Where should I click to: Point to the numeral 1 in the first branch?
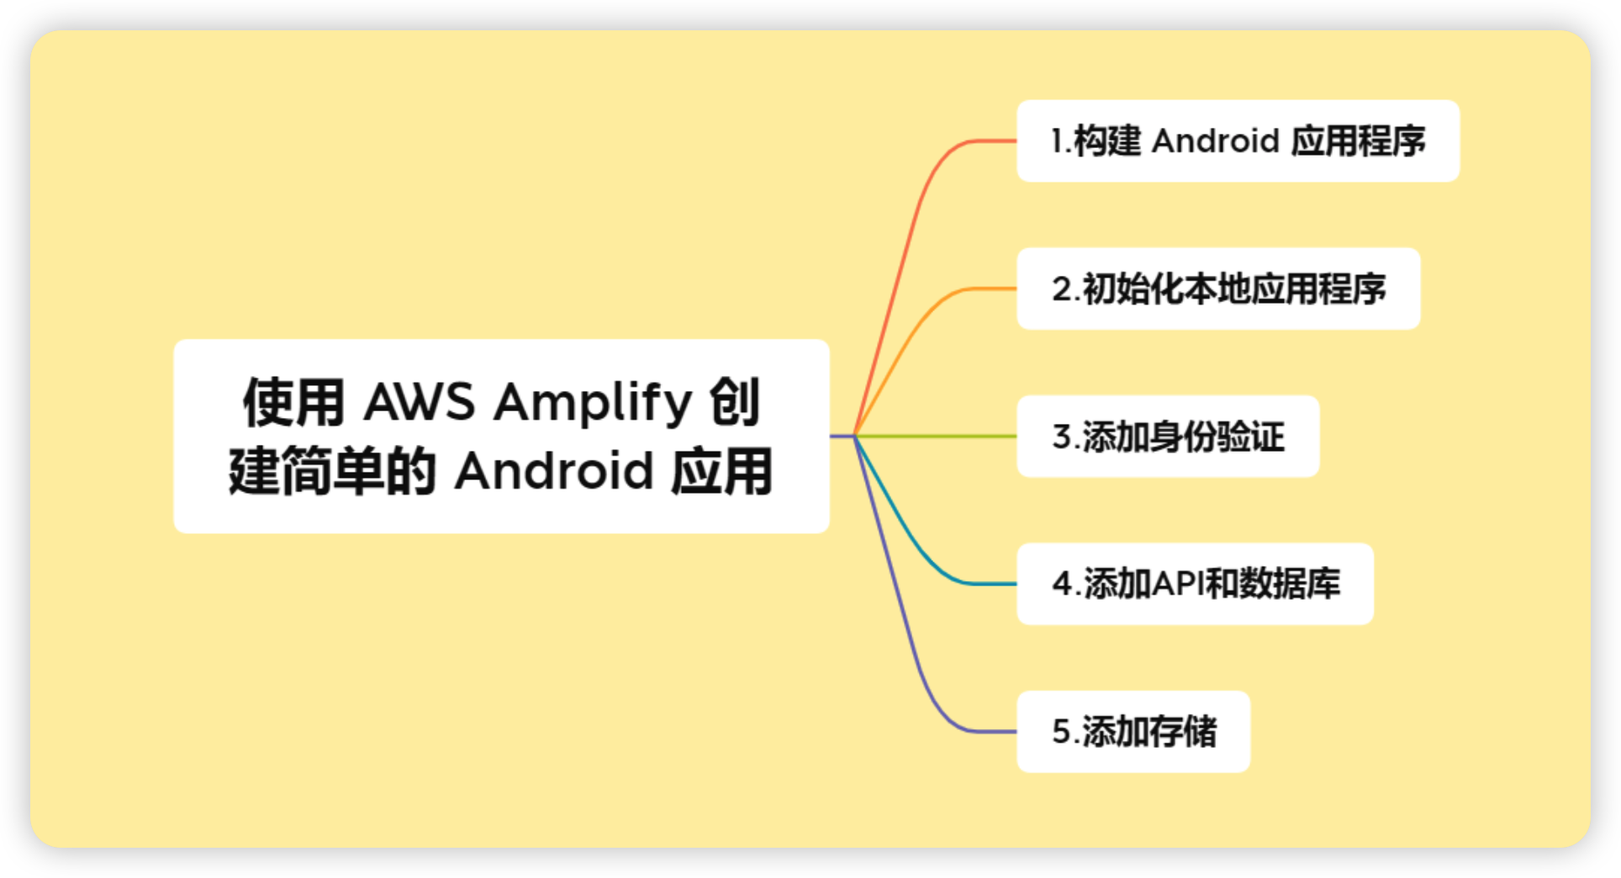pyautogui.click(x=1057, y=141)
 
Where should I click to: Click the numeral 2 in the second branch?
pyautogui.click(x=1061, y=289)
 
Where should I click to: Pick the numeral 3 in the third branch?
pyautogui.click(x=1061, y=437)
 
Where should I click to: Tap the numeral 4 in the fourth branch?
pyautogui.click(x=1062, y=584)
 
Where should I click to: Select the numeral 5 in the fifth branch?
pyautogui.click(x=1061, y=732)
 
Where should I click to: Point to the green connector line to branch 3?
pyautogui.click(x=933, y=436)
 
